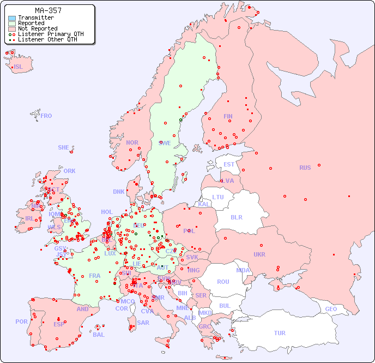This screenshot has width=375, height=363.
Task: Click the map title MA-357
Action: point(48,10)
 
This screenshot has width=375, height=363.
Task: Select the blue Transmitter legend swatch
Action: point(12,17)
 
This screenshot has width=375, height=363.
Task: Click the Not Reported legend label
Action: point(38,28)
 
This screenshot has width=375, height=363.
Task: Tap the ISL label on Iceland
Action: point(19,67)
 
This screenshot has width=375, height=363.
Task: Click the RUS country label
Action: point(305,168)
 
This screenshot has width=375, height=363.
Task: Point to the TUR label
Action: point(280,333)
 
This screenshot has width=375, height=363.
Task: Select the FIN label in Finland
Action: point(228,116)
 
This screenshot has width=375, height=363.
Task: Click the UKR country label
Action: point(259,254)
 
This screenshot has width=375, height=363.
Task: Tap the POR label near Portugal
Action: point(21,322)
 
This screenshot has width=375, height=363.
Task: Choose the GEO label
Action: point(331,309)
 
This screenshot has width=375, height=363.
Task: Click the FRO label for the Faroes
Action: point(46,116)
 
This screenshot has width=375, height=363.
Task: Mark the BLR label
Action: point(237,217)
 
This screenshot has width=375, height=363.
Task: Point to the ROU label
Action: point(223,282)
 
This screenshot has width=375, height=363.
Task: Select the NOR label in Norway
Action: point(132,142)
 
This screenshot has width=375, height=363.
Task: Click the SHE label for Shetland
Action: point(64,147)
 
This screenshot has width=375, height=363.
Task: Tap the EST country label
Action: point(229,164)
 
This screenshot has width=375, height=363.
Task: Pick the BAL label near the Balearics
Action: point(99,335)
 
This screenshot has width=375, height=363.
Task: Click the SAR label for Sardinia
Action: point(143,322)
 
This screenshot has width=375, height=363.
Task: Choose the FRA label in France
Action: point(95,276)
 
